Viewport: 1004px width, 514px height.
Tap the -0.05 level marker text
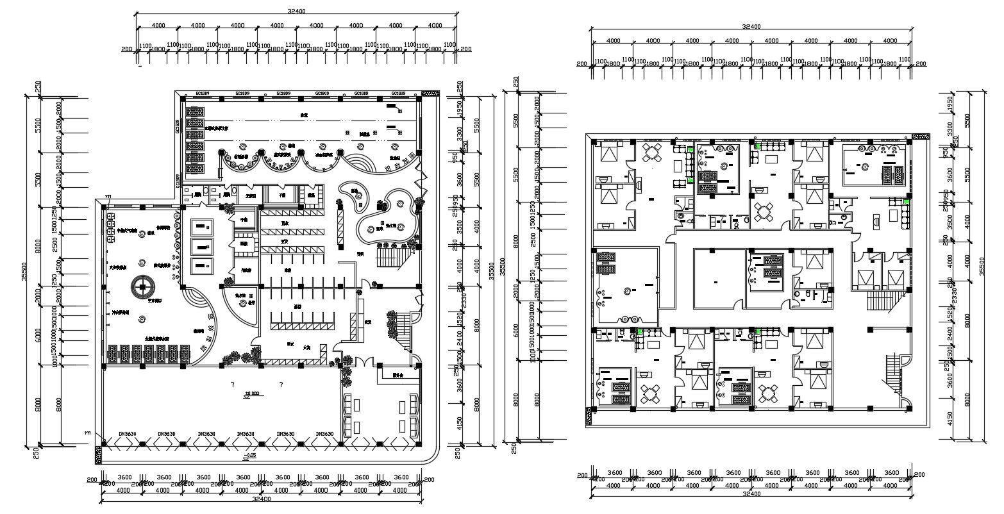coord(250,456)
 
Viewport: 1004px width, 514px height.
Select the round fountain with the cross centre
coord(141,286)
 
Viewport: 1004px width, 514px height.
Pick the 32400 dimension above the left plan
coord(296,11)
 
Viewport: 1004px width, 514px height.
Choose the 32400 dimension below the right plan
coord(751,494)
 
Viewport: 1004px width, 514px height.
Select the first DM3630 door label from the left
coord(126,435)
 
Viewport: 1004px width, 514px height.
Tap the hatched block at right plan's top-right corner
coord(920,138)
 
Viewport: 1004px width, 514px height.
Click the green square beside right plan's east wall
coord(907,203)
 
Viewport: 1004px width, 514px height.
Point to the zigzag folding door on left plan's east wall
coord(420,178)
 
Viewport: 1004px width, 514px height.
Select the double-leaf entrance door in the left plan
coord(364,360)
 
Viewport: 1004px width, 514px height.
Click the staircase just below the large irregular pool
coord(389,259)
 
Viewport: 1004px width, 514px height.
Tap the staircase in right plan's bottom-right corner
coord(894,376)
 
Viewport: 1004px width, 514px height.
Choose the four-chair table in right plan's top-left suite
coord(652,154)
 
